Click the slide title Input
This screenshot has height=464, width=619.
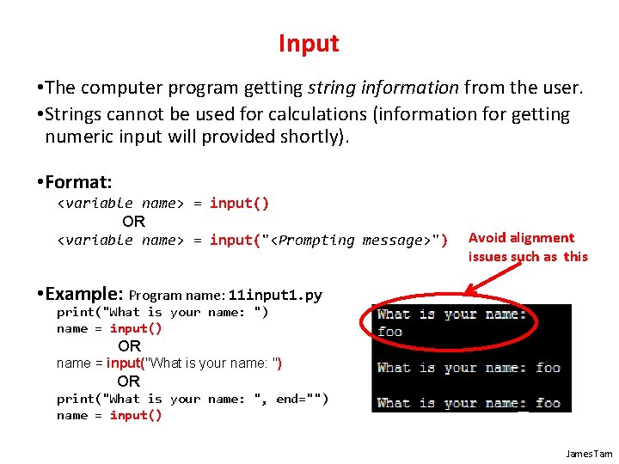[x=309, y=44]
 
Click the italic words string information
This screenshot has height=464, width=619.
[x=384, y=88]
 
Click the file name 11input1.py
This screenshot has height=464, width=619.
[x=275, y=296]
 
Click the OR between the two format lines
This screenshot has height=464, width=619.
[x=133, y=222]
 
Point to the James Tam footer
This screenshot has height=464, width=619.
[x=589, y=453]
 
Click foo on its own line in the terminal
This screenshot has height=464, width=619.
[x=389, y=332]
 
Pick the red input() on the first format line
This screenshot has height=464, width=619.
[x=239, y=204]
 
